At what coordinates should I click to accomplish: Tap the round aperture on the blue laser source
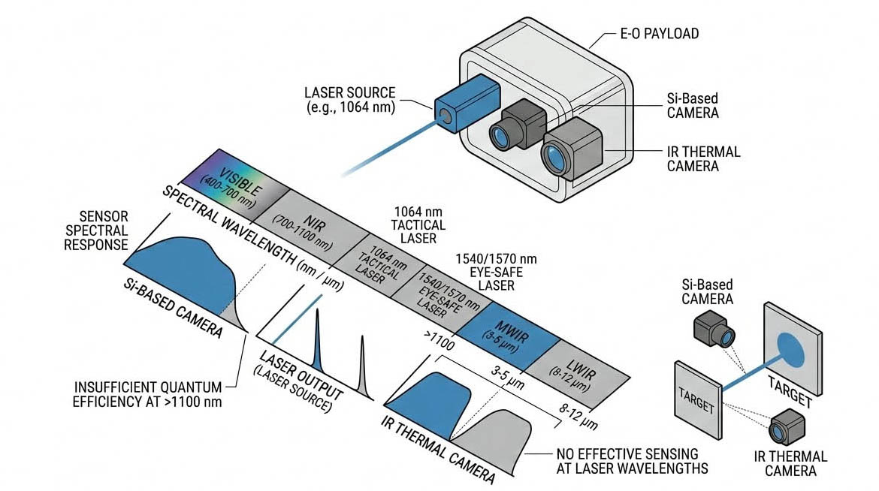446,115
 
